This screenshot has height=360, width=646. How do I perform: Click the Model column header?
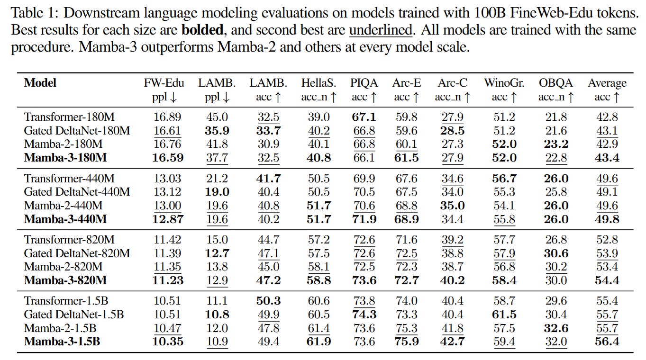pyautogui.click(x=40, y=83)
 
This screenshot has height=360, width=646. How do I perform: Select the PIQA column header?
pyautogui.click(x=364, y=83)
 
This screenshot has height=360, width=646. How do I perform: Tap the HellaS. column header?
pyautogui.click(x=318, y=83)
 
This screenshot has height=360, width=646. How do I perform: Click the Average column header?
pyautogui.click(x=607, y=83)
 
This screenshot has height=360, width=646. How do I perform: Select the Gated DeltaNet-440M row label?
pyautogui.click(x=77, y=192)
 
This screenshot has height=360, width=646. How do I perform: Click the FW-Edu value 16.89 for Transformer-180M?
pyautogui.click(x=167, y=117)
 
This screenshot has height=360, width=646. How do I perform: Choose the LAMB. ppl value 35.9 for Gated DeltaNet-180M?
pyautogui.click(x=217, y=131)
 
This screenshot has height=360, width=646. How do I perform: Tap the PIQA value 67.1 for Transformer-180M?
pyautogui.click(x=364, y=117)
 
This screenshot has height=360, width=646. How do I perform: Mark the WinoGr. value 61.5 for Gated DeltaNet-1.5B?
pyautogui.click(x=504, y=314)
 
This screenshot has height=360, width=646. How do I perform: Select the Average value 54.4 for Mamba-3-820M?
pyautogui.click(x=607, y=280)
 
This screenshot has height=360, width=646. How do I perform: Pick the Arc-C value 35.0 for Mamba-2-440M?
pyautogui.click(x=452, y=206)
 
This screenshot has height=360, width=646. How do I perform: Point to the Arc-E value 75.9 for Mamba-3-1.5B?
pyautogui.click(x=406, y=341)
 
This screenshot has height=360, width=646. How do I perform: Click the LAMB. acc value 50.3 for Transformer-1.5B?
pyautogui.click(x=268, y=300)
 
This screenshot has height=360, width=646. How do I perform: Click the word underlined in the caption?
pyautogui.click(x=381, y=30)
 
